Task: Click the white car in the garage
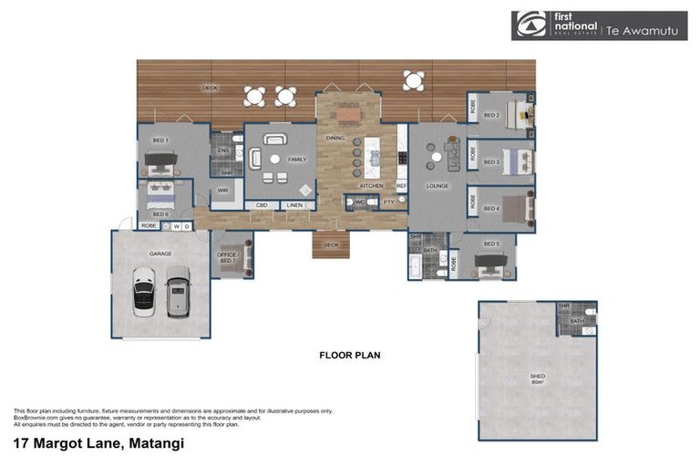tap(143, 292)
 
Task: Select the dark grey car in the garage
tap(177, 291)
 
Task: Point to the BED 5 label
tap(491, 244)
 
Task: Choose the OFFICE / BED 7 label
tap(226, 257)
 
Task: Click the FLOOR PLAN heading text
tap(349, 355)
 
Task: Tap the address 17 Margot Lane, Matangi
tap(98, 444)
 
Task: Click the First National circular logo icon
tap(528, 26)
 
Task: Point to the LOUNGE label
tap(438, 185)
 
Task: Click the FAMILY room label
tap(297, 159)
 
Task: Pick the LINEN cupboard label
tap(293, 205)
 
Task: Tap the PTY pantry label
tap(388, 202)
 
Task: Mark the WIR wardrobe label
tap(222, 191)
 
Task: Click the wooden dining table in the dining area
tap(349, 115)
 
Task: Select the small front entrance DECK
tap(331, 244)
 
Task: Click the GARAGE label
tap(160, 254)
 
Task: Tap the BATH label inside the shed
tap(576, 321)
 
